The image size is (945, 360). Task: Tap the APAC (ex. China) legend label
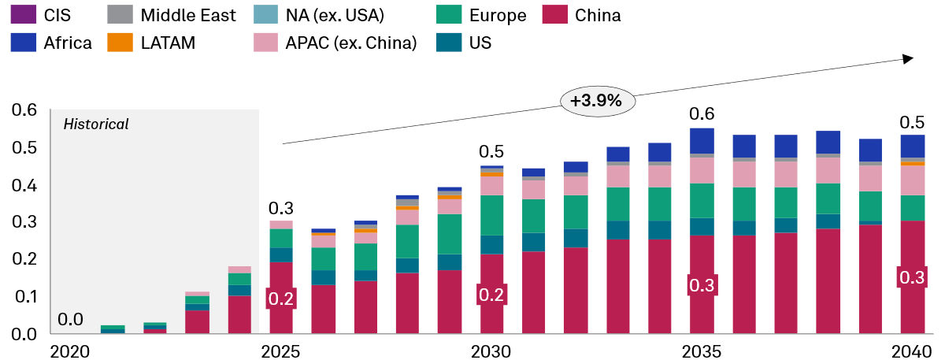click(355, 43)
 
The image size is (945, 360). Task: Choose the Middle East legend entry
click(176, 15)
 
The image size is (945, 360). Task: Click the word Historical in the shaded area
click(96, 124)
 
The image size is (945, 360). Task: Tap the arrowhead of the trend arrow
click(907, 59)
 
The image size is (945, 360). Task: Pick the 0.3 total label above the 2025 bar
click(280, 209)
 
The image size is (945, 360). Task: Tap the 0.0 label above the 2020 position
click(70, 320)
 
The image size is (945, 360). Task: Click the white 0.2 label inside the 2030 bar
click(491, 295)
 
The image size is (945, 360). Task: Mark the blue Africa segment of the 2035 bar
click(701, 140)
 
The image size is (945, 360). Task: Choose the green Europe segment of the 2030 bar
click(491, 215)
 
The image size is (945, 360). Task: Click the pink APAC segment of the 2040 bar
click(912, 180)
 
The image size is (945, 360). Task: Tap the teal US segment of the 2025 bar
click(281, 255)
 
